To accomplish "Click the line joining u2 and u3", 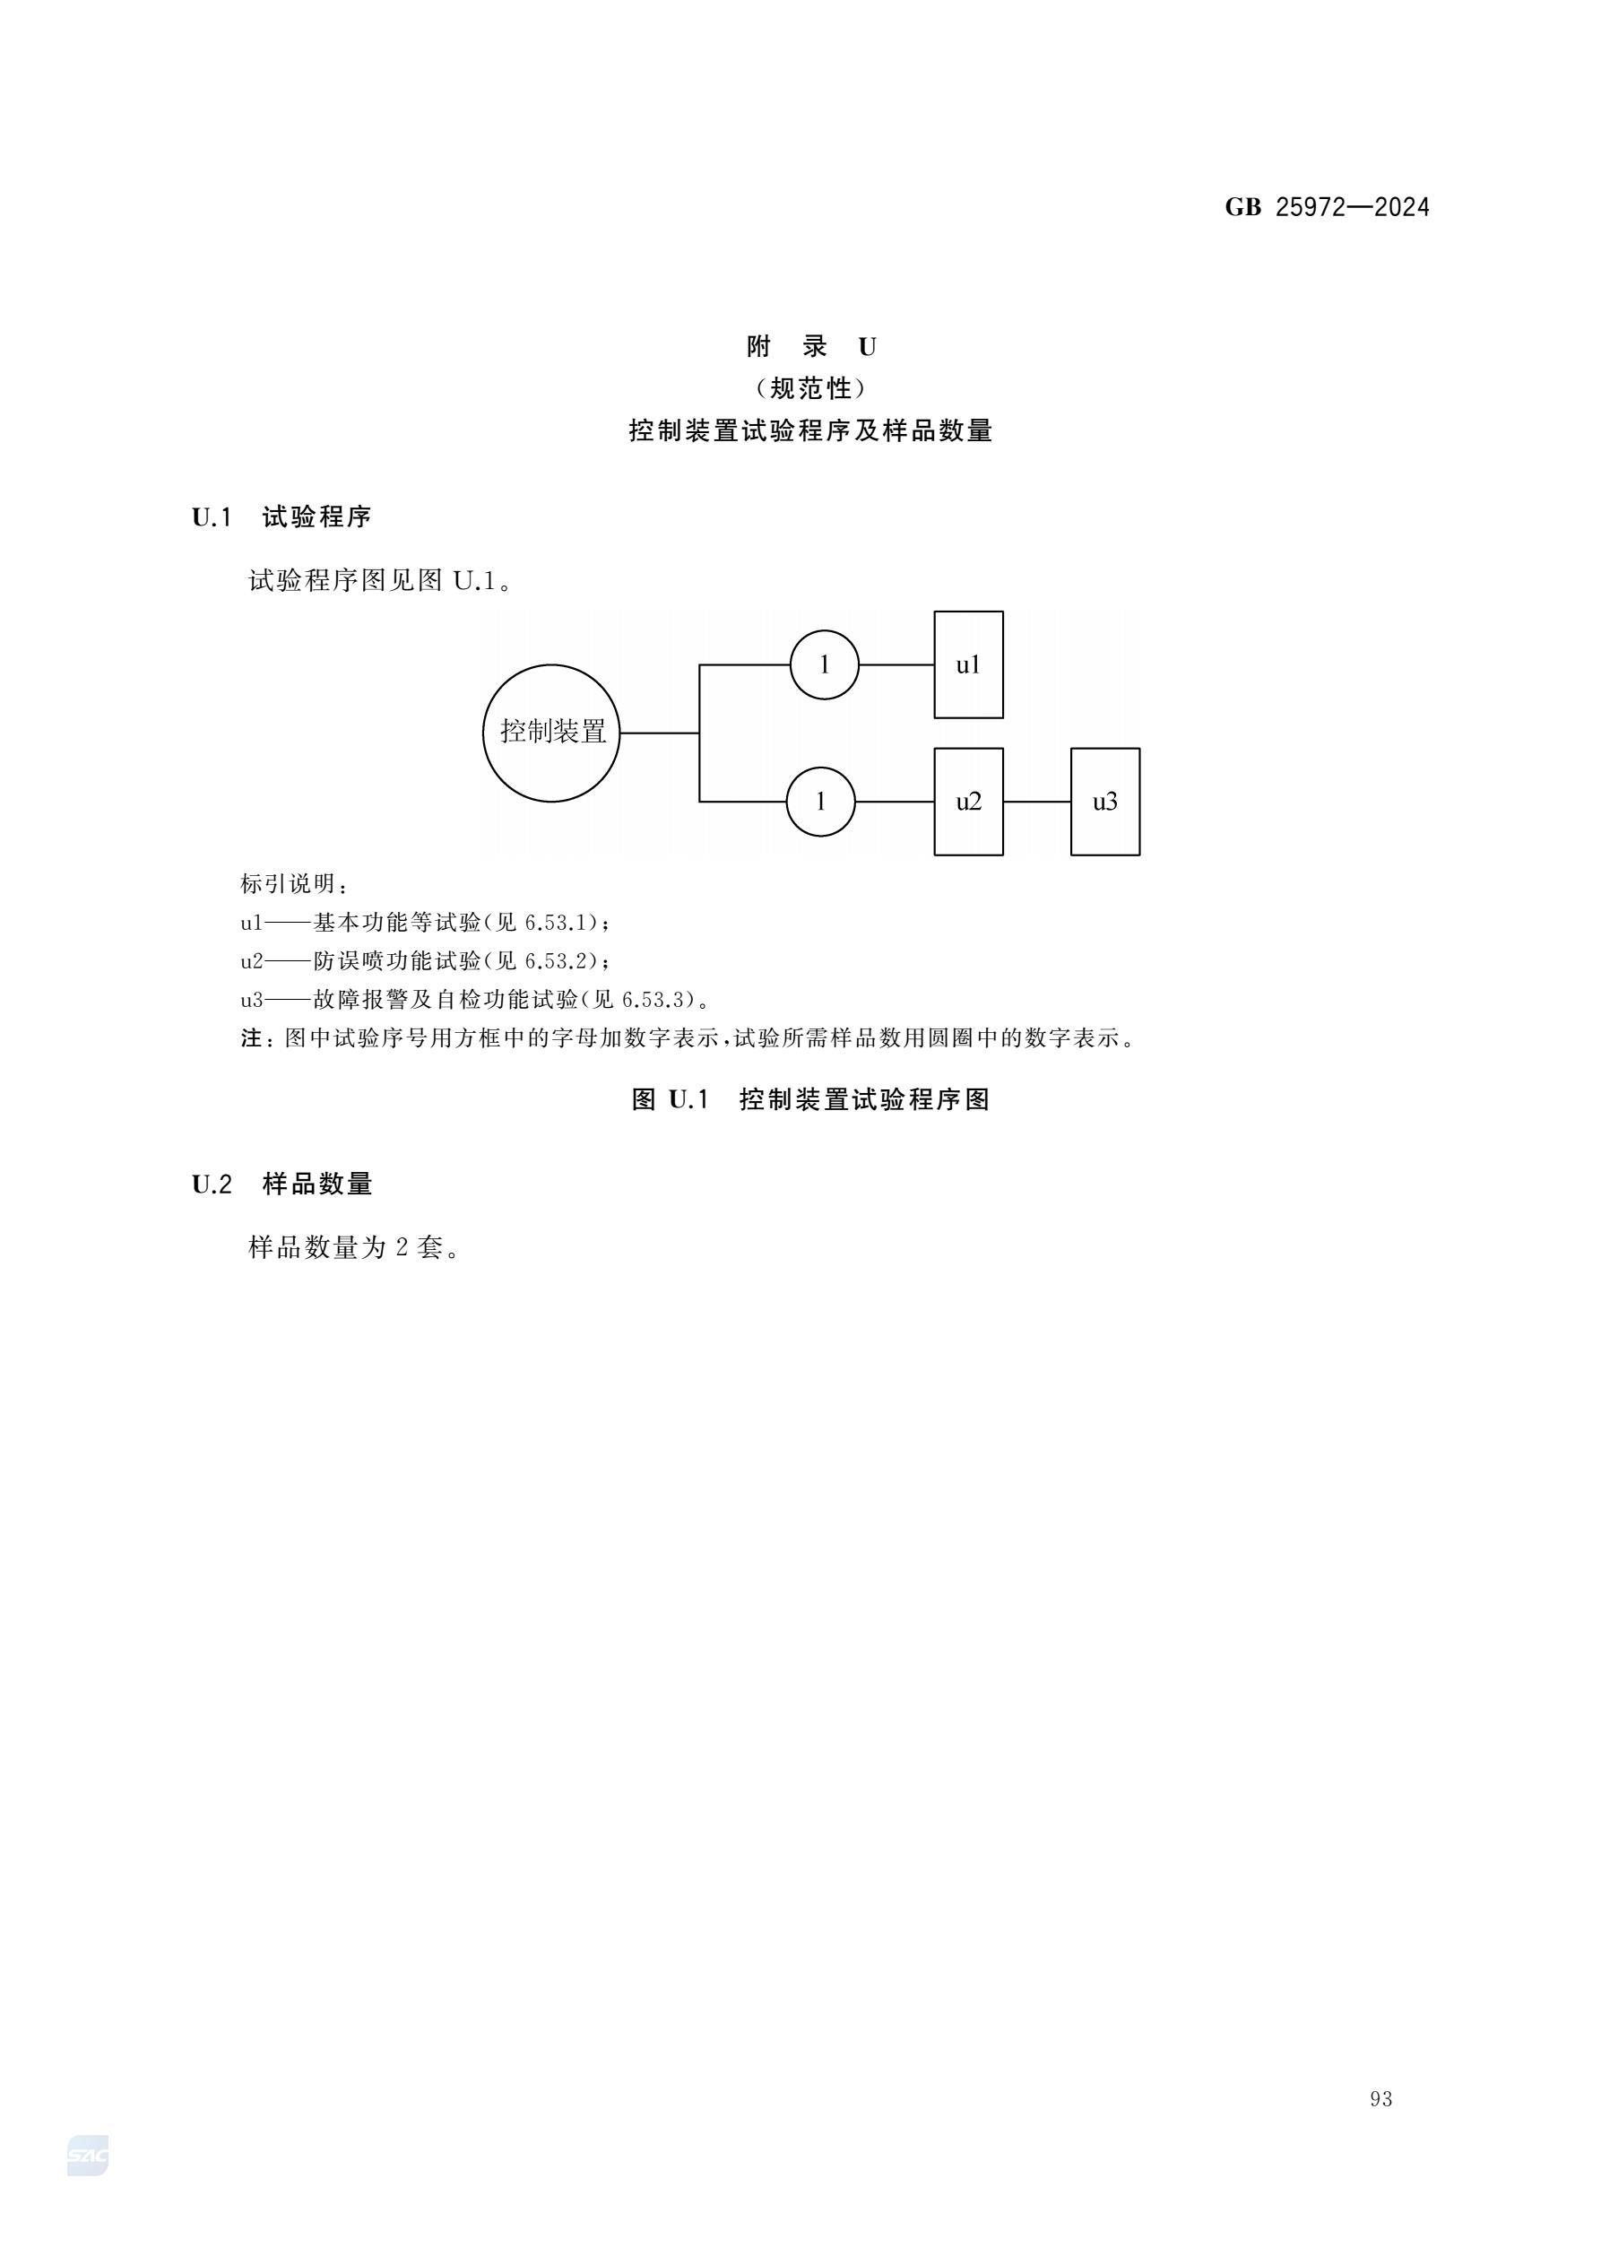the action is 1037,802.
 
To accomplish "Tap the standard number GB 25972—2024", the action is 1327,207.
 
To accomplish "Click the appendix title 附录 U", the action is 812,347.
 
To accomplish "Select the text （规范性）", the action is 811,388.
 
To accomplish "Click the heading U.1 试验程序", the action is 281,516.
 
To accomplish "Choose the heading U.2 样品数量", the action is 282,1184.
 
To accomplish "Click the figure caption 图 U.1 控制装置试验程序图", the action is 811,1100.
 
